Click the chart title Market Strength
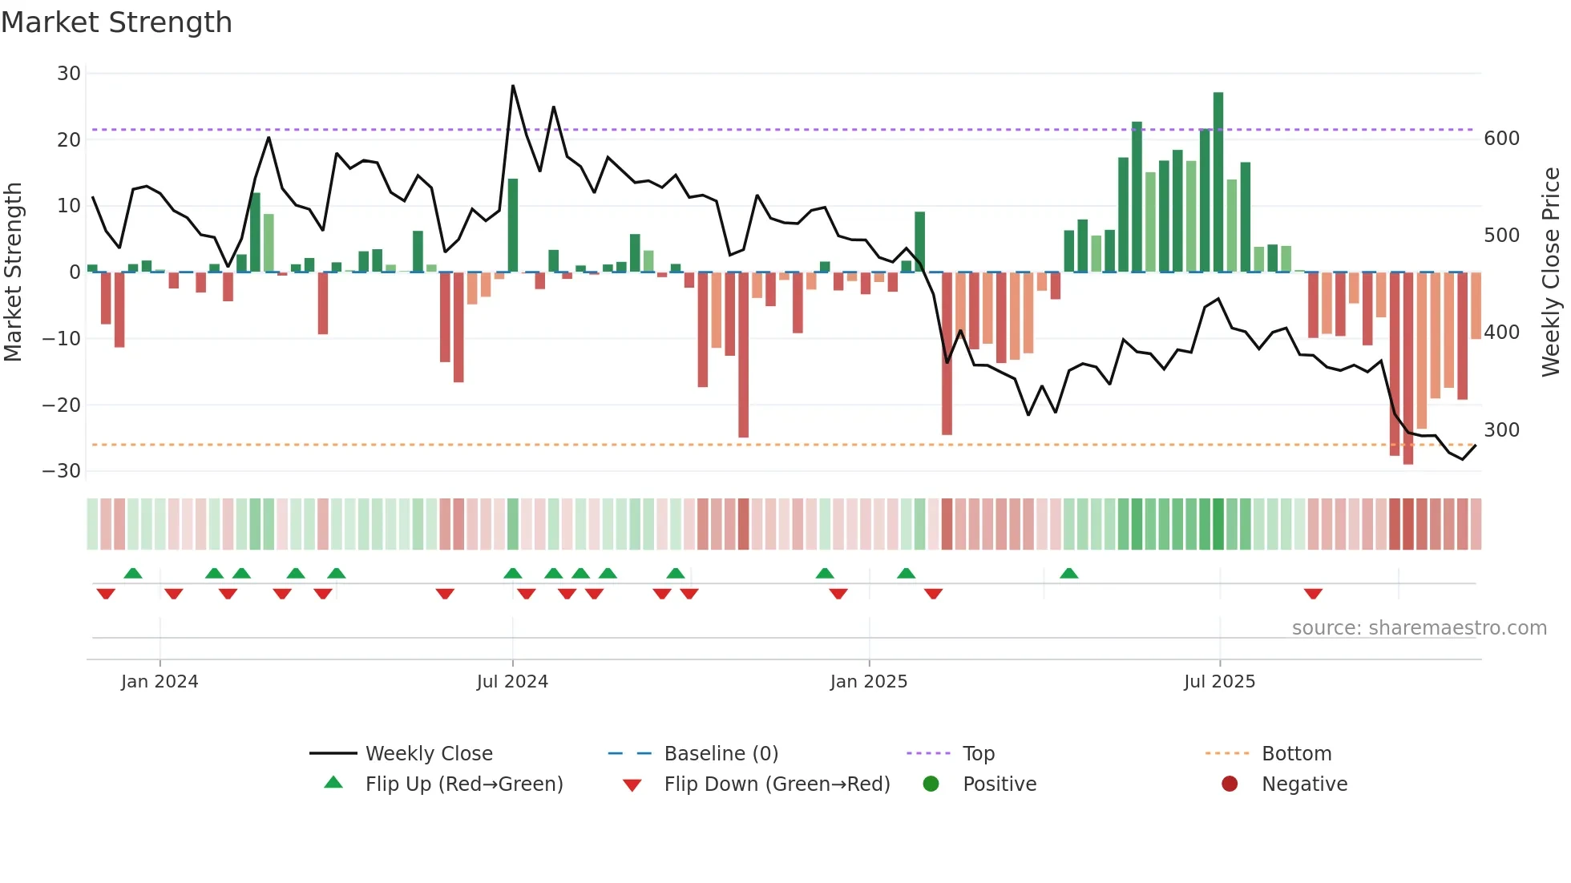[x=116, y=22]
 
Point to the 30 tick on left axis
[x=69, y=74]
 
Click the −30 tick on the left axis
[x=62, y=471]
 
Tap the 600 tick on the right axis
[x=1501, y=139]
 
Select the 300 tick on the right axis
[x=1501, y=430]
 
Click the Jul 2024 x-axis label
[x=512, y=682]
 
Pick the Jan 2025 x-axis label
[x=869, y=682]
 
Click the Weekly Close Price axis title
[x=1551, y=272]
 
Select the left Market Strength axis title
[x=14, y=272]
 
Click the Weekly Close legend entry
[x=428, y=754]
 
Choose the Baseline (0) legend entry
[x=721, y=754]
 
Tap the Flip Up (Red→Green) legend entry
[x=463, y=784]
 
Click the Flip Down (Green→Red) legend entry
[x=777, y=784]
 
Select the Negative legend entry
[x=1304, y=784]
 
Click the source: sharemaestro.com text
[x=1419, y=628]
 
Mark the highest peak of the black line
[x=513, y=86]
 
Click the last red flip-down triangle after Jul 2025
[x=1313, y=594]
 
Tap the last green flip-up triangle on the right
[x=1068, y=573]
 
